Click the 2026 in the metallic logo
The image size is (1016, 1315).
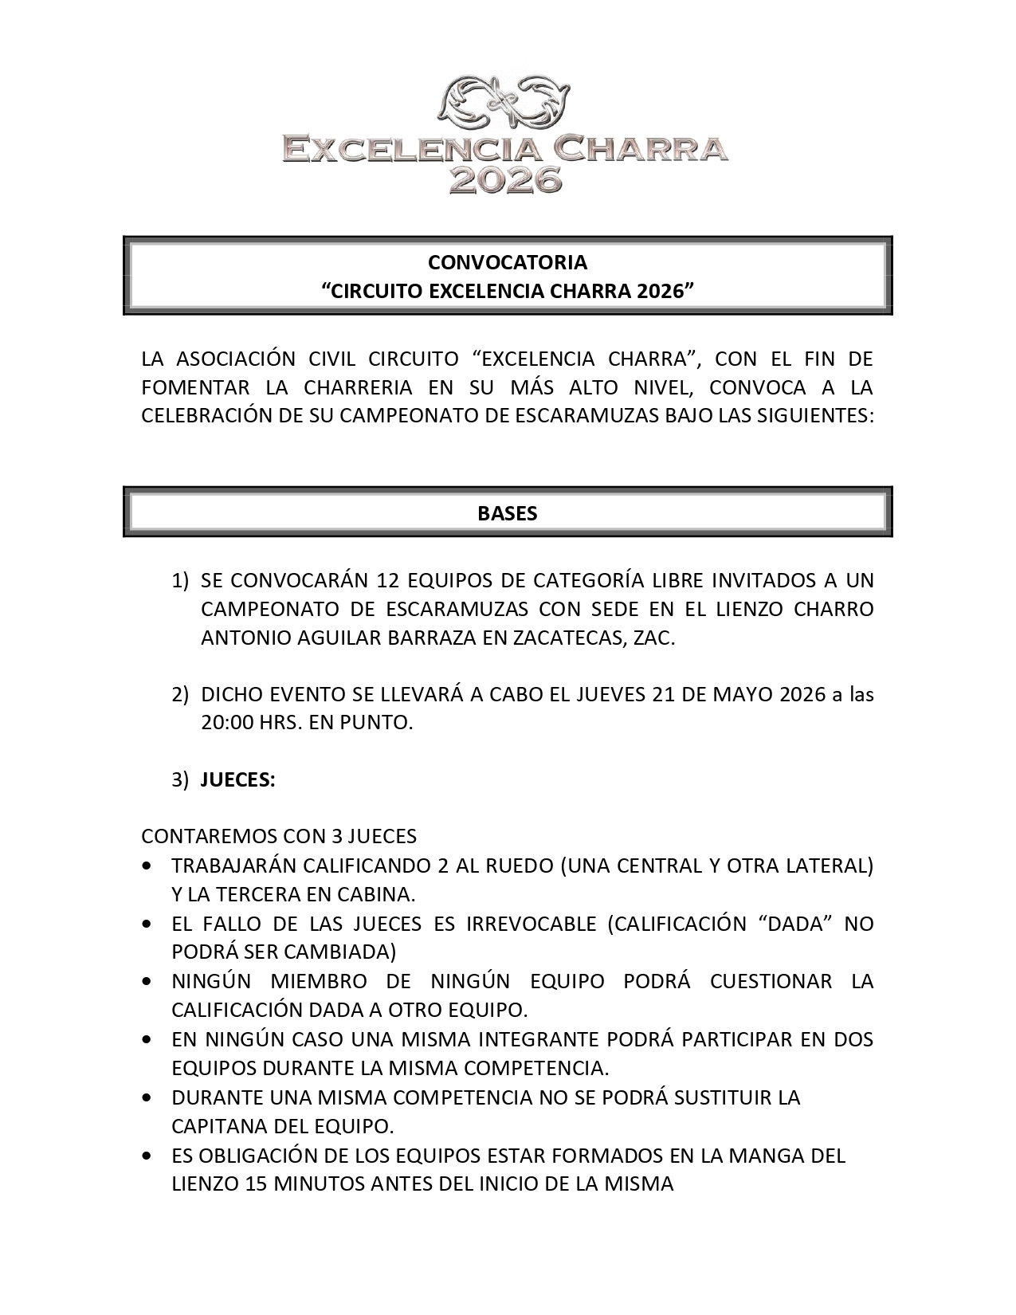click(x=507, y=179)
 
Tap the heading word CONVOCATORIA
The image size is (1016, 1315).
click(x=508, y=262)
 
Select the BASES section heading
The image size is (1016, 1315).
click(x=508, y=513)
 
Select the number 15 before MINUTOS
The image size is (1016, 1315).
click(x=256, y=1183)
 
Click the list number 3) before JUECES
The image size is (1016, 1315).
click(x=180, y=780)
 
